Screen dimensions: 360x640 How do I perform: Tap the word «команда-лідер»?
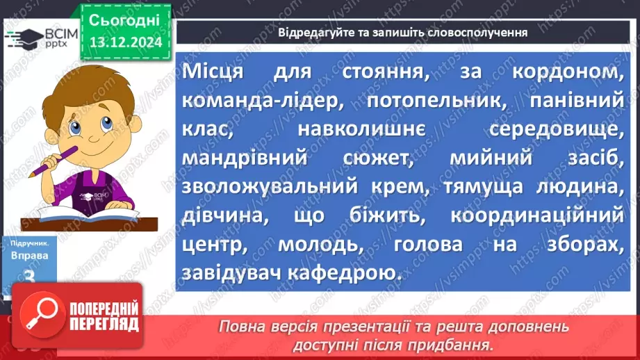pyautogui.click(x=265, y=101)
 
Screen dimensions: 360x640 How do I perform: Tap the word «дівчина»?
pyautogui.click(x=223, y=217)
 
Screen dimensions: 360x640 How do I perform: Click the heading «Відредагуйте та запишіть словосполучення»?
pyautogui.click(x=402, y=32)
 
